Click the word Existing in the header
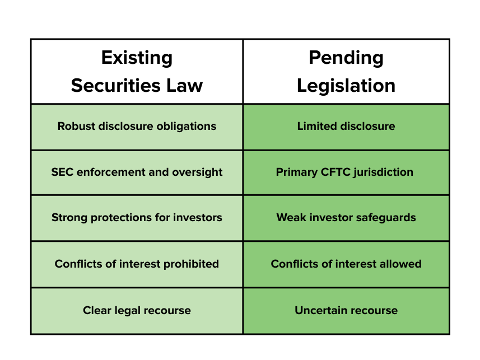pos(137,58)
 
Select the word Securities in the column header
pos(116,86)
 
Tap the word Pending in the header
pos(346,58)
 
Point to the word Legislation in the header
pos(346,86)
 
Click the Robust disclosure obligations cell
pos(137,127)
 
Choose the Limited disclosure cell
pos(346,127)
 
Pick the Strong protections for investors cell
pos(137,218)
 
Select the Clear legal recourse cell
pos(137,311)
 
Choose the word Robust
pos(77,126)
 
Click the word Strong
pos(69,218)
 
